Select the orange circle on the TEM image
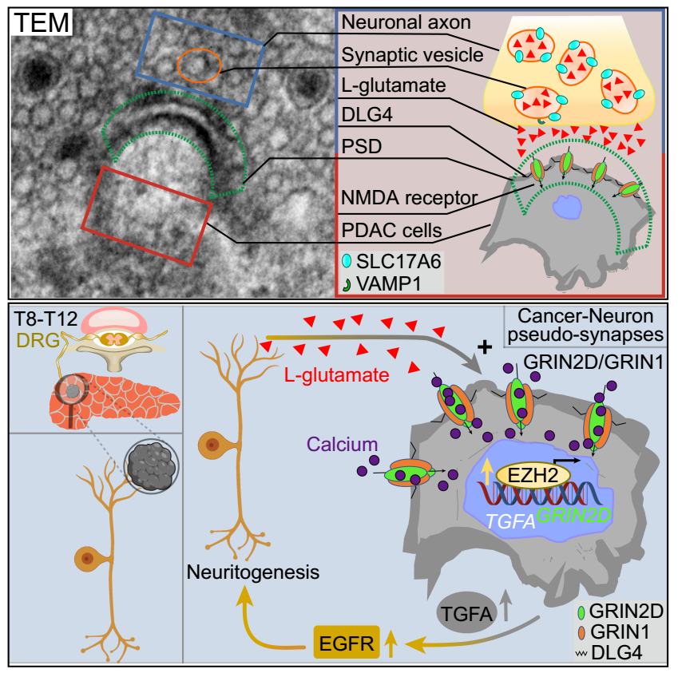[199, 65]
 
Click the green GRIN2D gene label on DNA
[571, 515]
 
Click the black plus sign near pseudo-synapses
[483, 347]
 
